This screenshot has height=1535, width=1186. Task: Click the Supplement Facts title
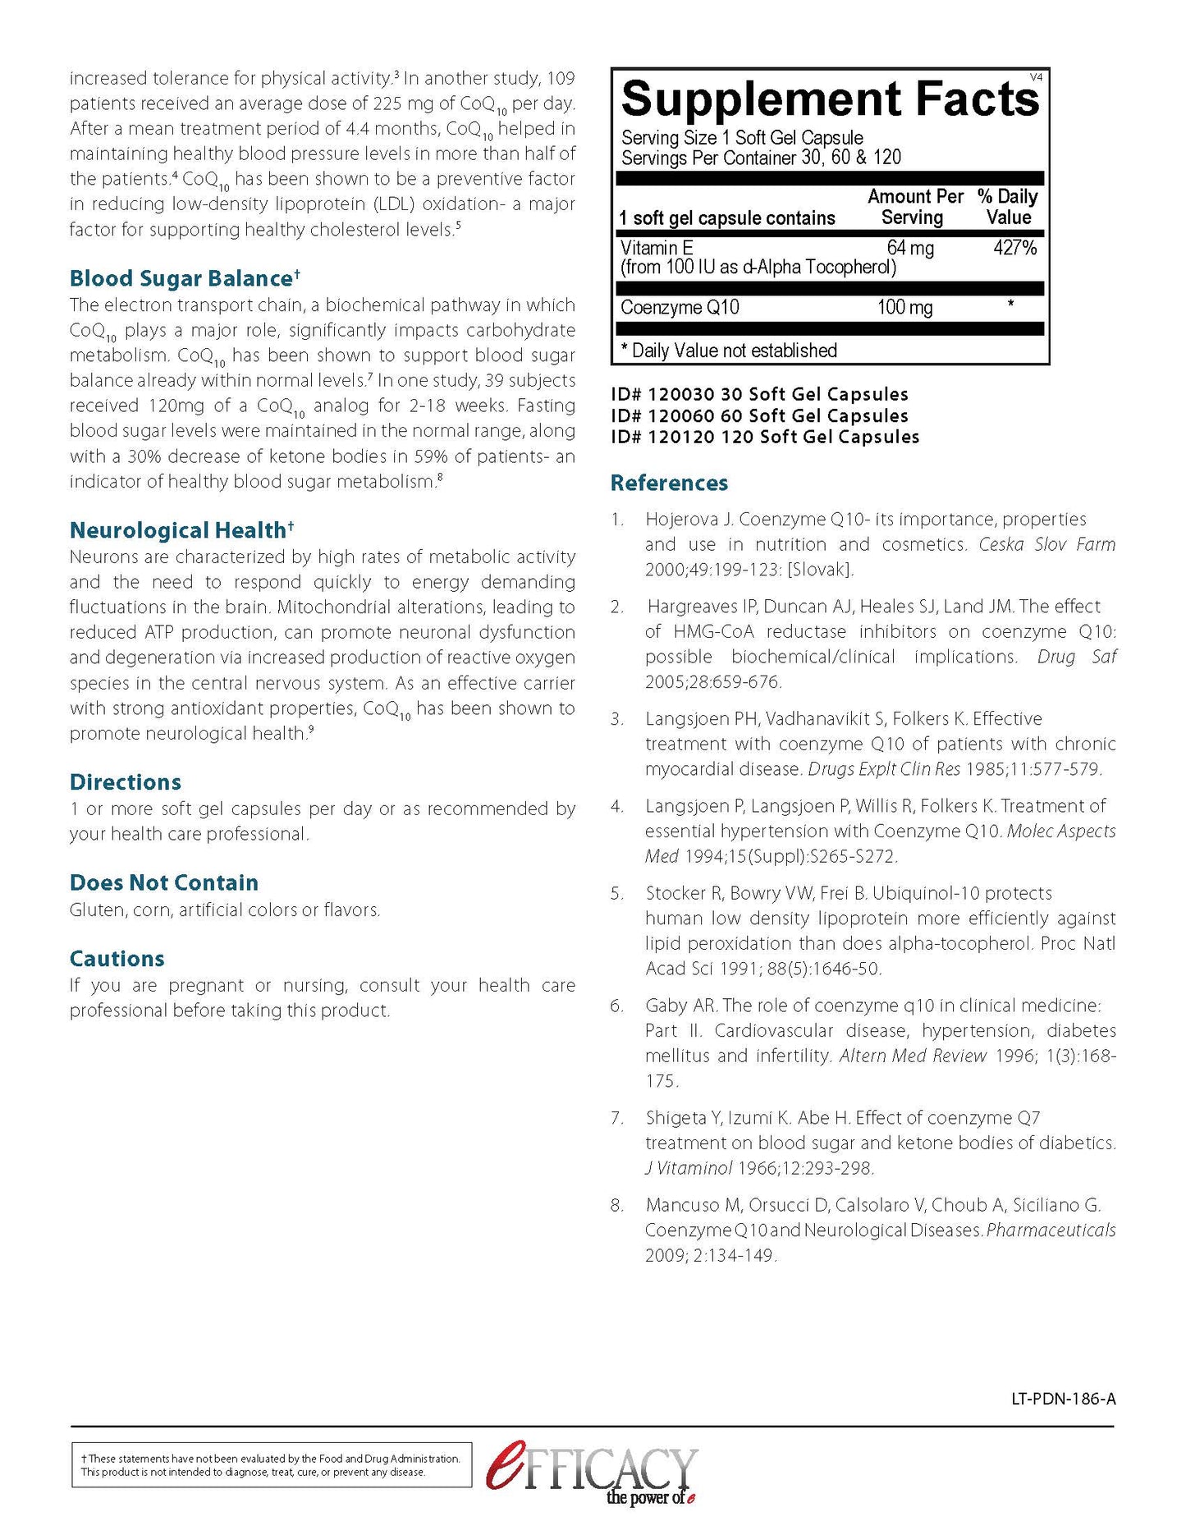[x=830, y=100]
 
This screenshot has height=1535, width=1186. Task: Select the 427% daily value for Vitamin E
[x=1014, y=248]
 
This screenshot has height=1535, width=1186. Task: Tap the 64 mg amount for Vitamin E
[x=910, y=248]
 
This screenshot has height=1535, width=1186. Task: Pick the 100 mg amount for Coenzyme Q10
[x=904, y=308]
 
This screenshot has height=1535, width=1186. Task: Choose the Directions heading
[x=126, y=782]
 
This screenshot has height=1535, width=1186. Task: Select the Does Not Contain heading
[x=164, y=883]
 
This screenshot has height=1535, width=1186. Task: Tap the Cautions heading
[x=117, y=959]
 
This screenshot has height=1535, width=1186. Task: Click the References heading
[x=669, y=483]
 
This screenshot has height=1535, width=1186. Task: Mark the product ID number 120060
[x=681, y=416]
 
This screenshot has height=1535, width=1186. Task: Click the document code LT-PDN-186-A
[x=1063, y=1399]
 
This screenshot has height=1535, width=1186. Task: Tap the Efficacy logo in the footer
[x=592, y=1473]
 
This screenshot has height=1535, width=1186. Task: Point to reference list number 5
[x=617, y=894]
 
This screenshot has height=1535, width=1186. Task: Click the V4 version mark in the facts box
[x=1036, y=77]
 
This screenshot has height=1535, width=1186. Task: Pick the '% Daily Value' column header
[x=1008, y=208]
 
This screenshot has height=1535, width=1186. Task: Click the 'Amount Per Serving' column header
[x=914, y=208]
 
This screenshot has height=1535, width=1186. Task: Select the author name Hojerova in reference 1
[x=682, y=520]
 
